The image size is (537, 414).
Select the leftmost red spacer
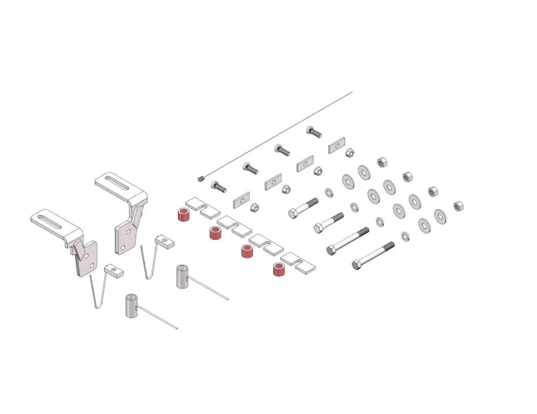(x=181, y=214)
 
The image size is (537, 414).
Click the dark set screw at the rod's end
(x=201, y=178)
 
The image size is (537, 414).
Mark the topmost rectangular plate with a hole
(x=336, y=145)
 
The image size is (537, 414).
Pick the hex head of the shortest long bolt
(x=293, y=214)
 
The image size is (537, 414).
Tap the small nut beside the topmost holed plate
(x=350, y=153)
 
